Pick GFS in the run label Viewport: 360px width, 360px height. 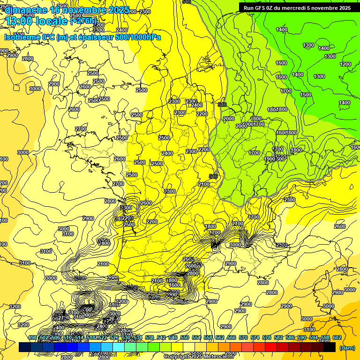[x=261, y=7]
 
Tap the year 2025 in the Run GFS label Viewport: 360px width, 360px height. [x=344, y=7]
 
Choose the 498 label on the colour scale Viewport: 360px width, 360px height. [x=32, y=338]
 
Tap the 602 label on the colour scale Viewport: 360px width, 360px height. [x=337, y=338]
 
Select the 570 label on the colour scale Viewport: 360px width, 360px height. [x=243, y=338]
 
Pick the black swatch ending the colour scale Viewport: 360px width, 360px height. [x=330, y=347]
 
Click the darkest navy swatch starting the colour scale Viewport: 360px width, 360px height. [x=25, y=347]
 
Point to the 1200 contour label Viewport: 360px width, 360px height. [x=345, y=64]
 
